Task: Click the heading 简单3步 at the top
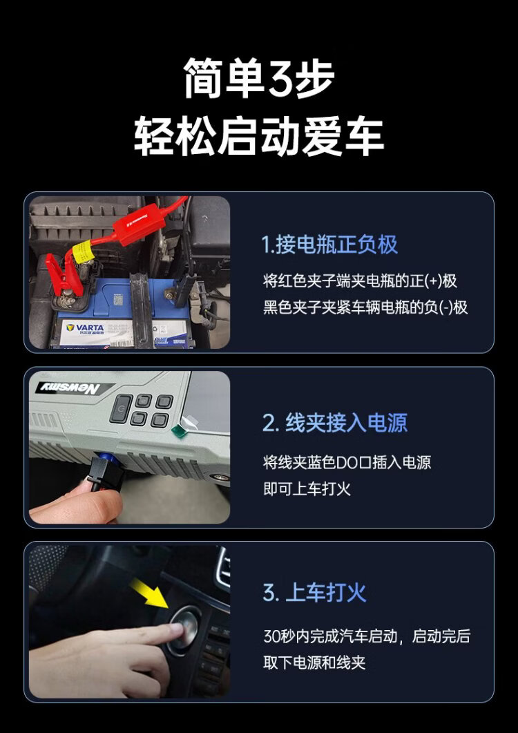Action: click(259, 78)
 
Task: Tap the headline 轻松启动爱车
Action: click(259, 136)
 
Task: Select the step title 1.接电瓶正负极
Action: click(330, 245)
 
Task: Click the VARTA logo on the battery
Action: click(86, 327)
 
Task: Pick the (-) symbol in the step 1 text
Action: click(446, 307)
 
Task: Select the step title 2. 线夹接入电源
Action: click(335, 423)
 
